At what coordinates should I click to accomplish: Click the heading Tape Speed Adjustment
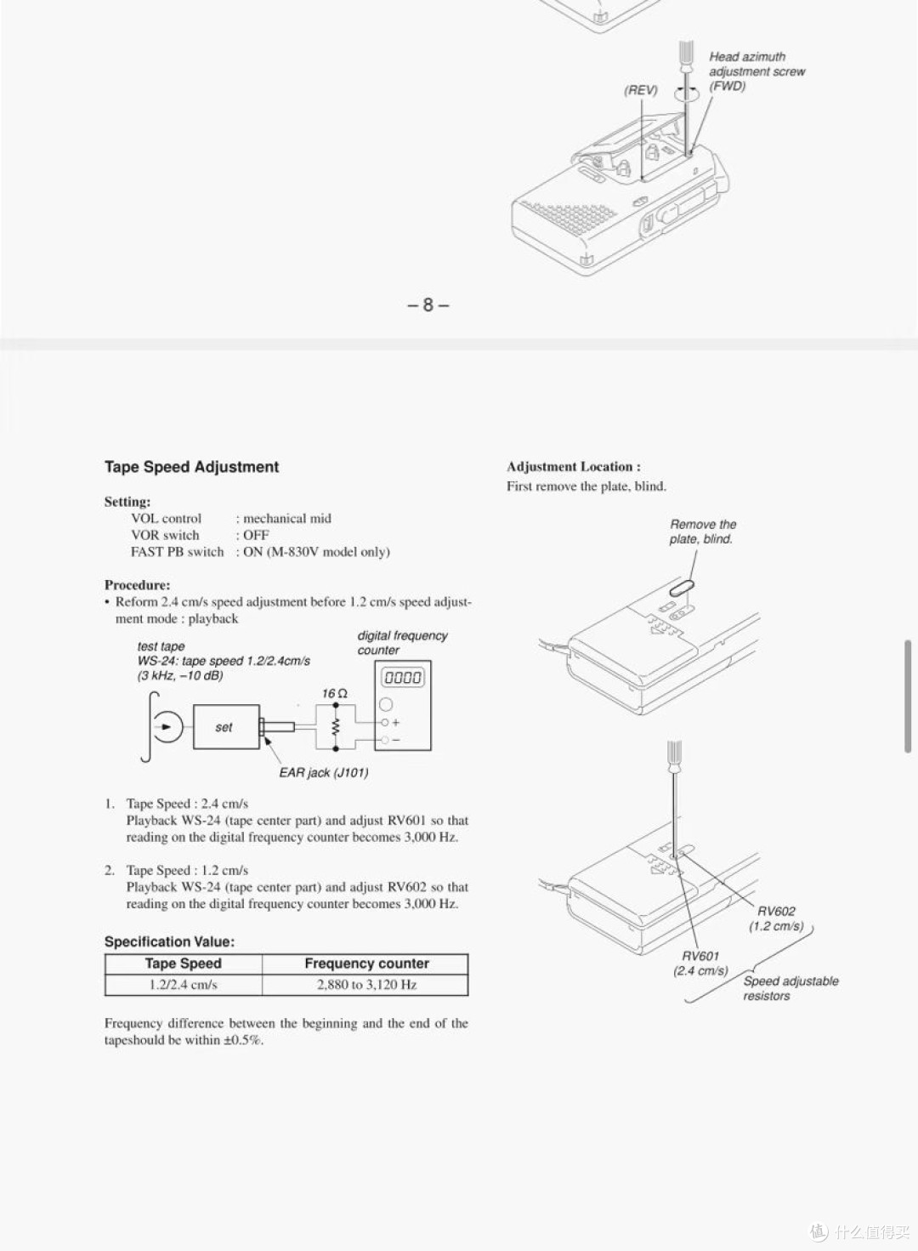point(191,467)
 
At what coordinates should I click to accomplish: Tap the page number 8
point(428,304)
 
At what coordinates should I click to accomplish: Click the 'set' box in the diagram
point(225,727)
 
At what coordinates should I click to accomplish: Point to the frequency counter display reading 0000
point(402,678)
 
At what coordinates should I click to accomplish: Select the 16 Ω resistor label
point(334,694)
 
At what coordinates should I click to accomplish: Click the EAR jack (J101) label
point(323,773)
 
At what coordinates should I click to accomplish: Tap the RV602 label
point(776,911)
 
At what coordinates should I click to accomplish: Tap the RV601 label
point(700,956)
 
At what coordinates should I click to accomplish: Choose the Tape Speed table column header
point(183,964)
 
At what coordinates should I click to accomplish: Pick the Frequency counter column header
point(366,964)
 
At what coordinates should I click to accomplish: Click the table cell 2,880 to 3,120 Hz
point(366,985)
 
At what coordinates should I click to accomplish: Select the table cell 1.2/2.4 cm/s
point(183,985)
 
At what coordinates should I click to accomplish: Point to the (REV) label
point(641,90)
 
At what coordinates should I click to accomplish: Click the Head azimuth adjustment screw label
point(756,65)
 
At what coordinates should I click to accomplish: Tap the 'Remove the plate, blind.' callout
point(702,532)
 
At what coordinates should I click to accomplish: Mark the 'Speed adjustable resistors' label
point(790,988)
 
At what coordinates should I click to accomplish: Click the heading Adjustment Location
point(574,467)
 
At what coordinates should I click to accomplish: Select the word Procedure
point(137,585)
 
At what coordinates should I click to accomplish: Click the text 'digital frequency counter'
point(401,643)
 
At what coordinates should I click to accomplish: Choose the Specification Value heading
point(169,941)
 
